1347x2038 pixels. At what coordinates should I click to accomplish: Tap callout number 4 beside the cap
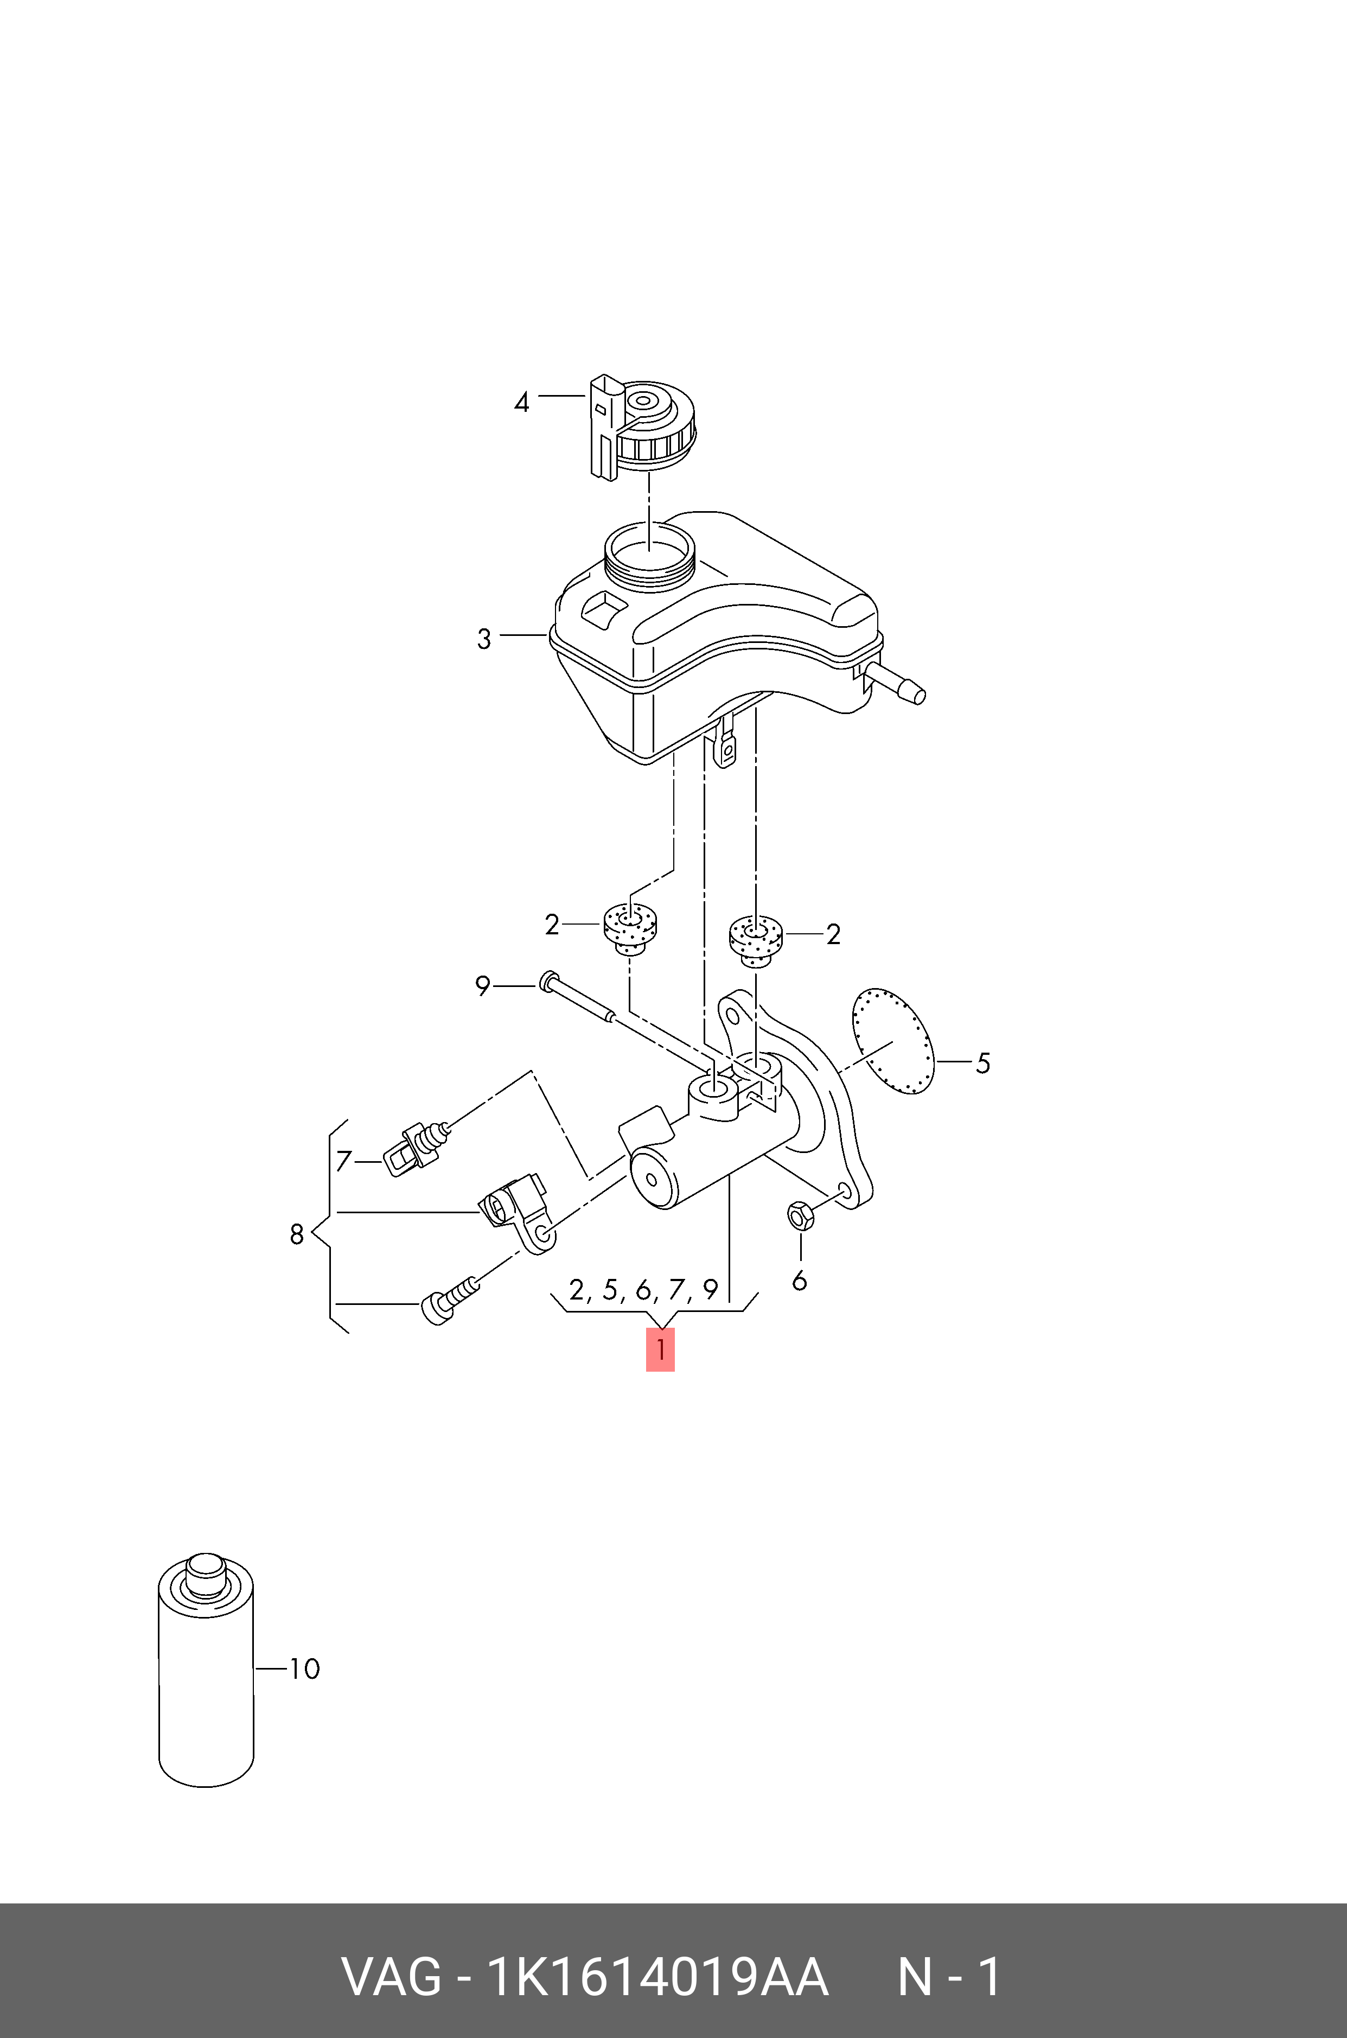[x=521, y=402]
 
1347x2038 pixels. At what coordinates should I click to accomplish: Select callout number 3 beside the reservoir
[x=484, y=639]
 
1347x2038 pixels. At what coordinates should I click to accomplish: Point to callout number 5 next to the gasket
[x=983, y=1063]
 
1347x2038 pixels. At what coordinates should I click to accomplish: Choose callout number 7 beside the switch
[x=343, y=1162]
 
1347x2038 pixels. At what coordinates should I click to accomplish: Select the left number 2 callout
[x=552, y=925]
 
